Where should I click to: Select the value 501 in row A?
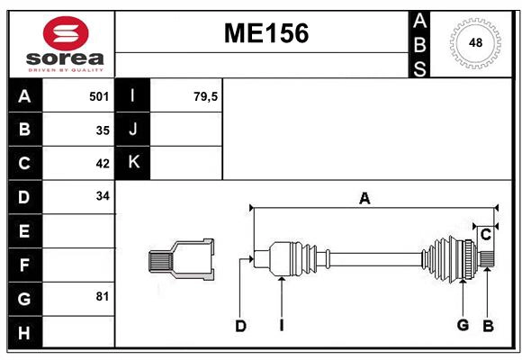point(99,96)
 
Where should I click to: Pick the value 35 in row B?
point(103,130)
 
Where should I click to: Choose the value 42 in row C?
point(103,163)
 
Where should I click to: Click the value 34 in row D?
point(103,196)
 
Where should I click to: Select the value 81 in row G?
point(103,296)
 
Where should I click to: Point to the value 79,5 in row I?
point(205,96)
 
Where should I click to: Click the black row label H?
point(24,332)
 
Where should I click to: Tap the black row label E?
point(24,231)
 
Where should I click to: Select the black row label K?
point(133,163)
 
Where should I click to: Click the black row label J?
point(133,130)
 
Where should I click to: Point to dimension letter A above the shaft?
point(364,198)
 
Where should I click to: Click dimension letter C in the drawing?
point(485,235)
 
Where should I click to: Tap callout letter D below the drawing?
point(240,326)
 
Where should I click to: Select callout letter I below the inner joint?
point(281,326)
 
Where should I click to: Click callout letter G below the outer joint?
point(463,325)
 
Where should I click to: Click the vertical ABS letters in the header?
point(418,43)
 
